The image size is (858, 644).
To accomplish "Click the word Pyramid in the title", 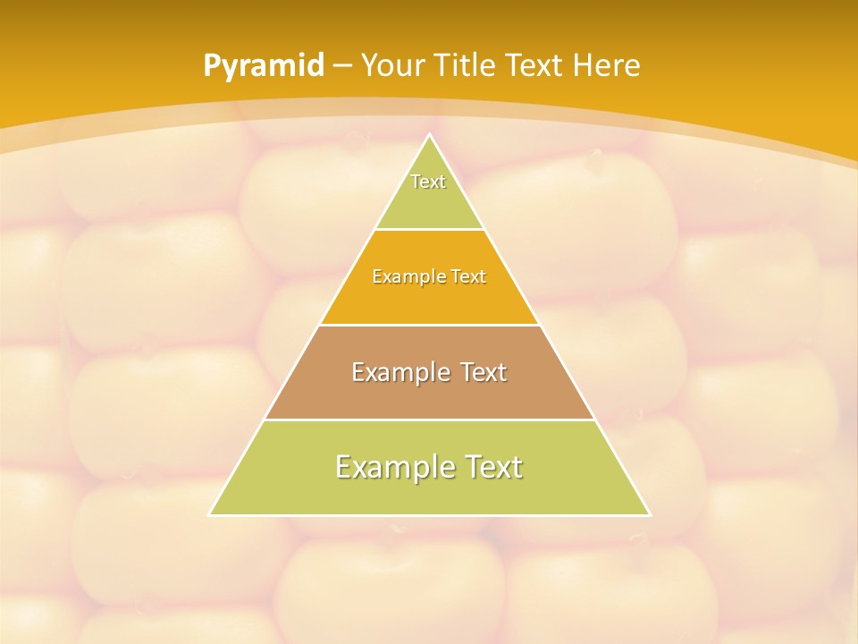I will point(264,66).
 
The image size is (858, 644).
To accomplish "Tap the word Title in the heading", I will point(467,66).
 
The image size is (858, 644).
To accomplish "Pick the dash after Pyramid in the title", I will point(342,66).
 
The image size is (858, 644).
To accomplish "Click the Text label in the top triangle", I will point(428,182).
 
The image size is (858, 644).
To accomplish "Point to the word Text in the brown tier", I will point(480,372).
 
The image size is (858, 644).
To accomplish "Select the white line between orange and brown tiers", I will point(430,325).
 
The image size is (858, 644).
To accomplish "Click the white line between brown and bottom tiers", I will point(430,419).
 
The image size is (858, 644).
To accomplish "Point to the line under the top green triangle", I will point(430,229).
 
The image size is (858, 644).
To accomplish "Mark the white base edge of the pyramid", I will point(430,515).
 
